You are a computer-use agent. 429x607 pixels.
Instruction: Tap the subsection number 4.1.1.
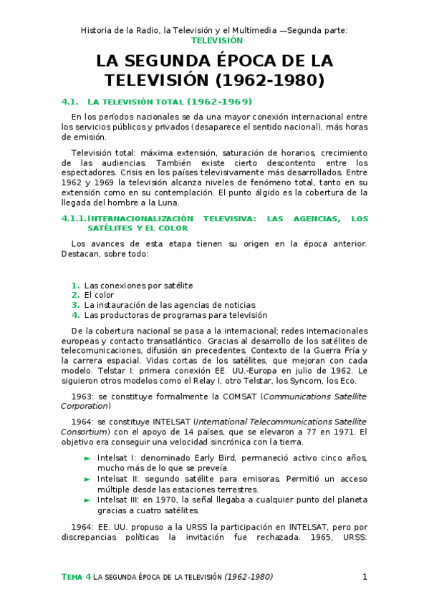(x=74, y=218)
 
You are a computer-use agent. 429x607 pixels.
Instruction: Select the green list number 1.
(x=75, y=285)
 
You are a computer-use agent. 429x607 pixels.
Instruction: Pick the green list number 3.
(x=75, y=305)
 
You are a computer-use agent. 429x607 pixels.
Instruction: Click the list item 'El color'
(x=99, y=295)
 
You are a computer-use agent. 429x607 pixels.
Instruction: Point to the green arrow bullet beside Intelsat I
(x=87, y=457)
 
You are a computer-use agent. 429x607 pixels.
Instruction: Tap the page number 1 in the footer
(x=365, y=577)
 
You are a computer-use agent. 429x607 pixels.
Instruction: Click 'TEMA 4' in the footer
(x=77, y=577)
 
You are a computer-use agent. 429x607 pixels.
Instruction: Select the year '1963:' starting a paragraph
(x=83, y=396)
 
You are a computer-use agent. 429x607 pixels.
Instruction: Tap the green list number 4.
(x=75, y=315)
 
